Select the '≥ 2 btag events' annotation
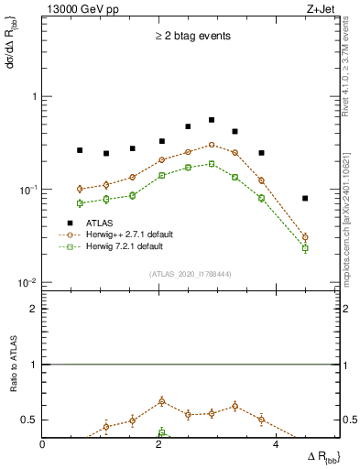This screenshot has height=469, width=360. pos(191,37)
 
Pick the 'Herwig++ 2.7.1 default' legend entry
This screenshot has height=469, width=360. pos(124,234)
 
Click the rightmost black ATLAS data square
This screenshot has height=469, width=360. pos(305,198)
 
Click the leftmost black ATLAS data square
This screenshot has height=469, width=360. pos(80,150)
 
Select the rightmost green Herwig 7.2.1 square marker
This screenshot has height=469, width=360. pos(305,248)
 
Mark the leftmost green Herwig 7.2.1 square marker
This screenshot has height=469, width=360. pos(80,203)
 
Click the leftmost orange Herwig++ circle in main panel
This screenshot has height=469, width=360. pos(80,189)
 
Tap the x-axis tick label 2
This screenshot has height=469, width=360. pos(159,445)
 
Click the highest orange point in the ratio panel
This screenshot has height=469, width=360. pos(162,401)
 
